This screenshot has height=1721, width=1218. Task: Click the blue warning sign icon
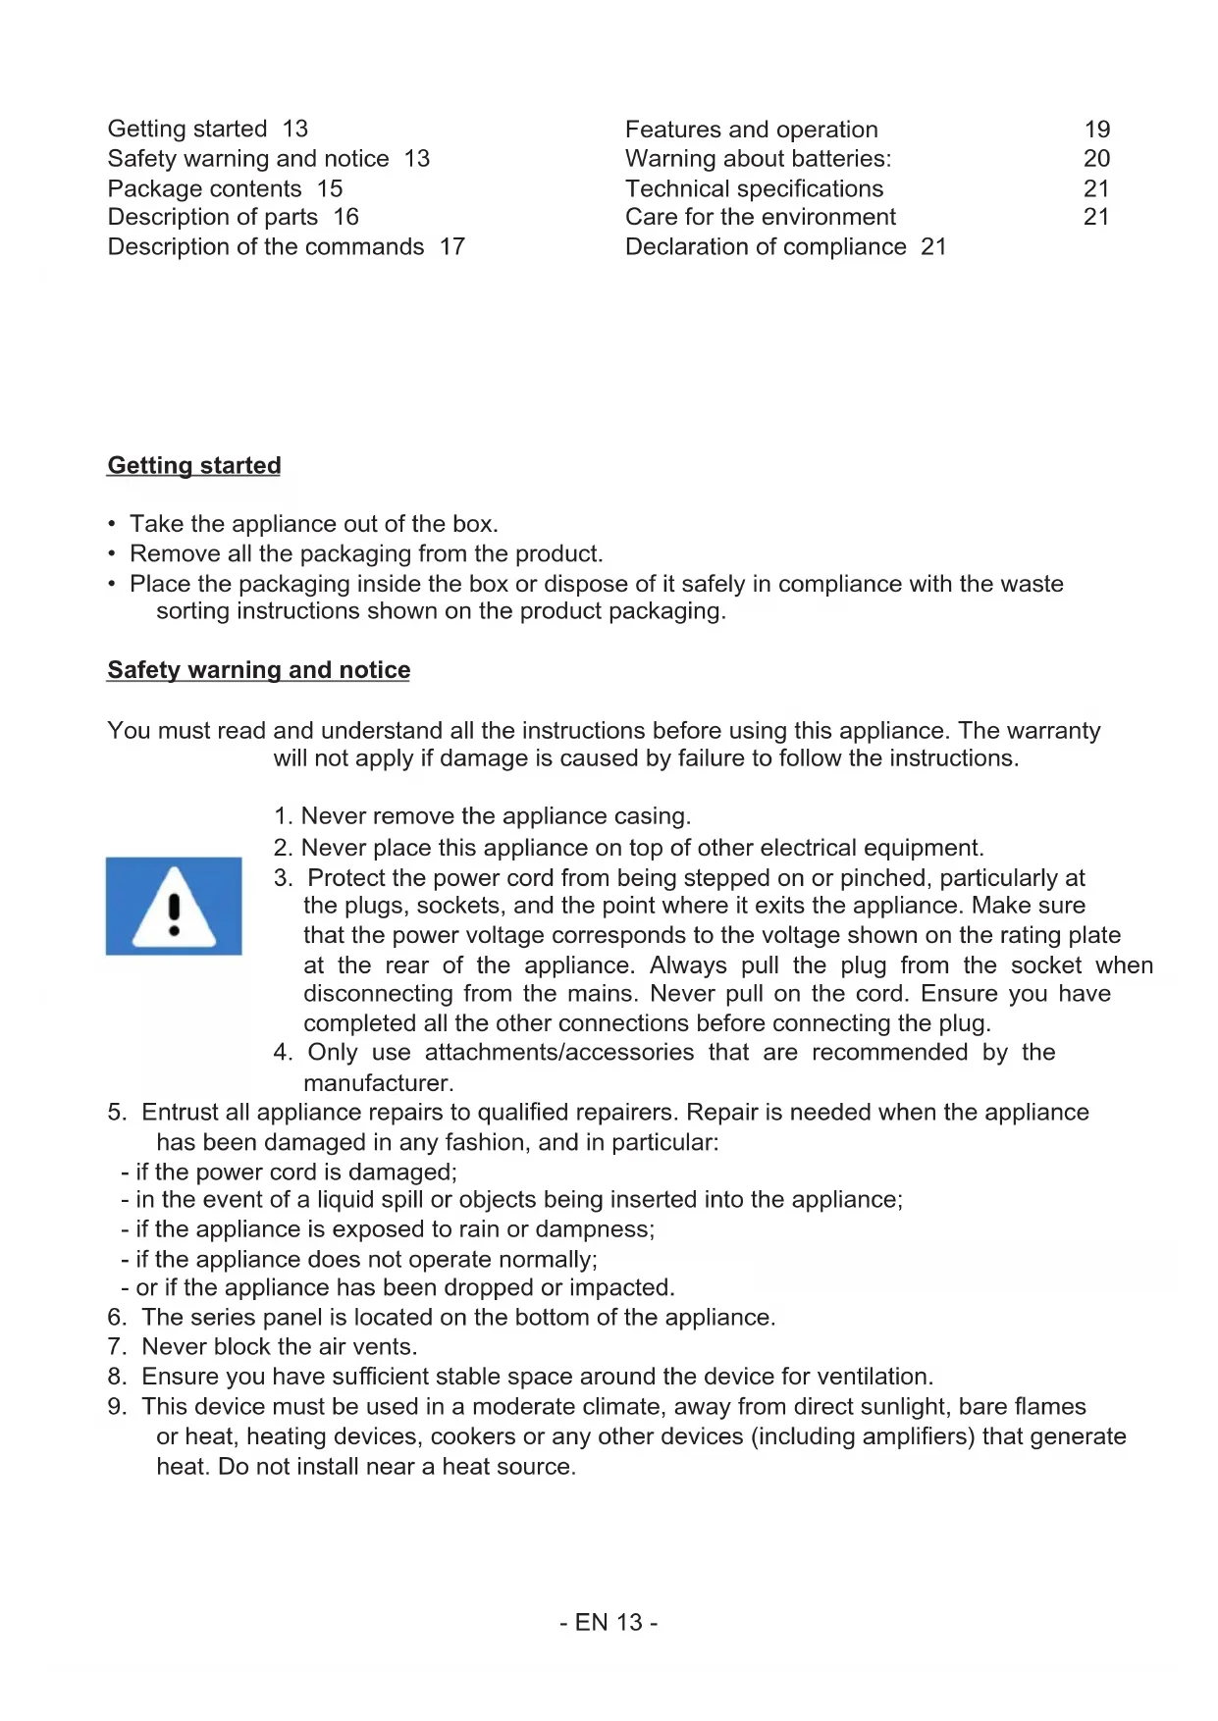click(174, 906)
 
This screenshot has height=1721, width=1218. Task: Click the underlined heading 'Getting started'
click(194, 465)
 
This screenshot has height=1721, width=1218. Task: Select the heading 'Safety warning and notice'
click(259, 670)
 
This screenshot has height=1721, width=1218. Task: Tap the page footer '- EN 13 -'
click(609, 1623)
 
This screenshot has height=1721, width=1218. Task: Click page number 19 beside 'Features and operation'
click(1097, 130)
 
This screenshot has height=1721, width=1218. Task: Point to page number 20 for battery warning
click(1097, 159)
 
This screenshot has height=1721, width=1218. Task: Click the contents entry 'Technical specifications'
click(754, 188)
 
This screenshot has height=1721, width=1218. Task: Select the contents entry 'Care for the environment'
click(761, 217)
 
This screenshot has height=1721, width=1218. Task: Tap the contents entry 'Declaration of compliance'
click(766, 247)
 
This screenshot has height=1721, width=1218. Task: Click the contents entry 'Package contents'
click(204, 188)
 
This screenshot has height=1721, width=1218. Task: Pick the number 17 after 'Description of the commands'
click(452, 247)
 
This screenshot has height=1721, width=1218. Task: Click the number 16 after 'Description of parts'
click(346, 217)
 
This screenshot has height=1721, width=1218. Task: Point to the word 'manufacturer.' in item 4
click(379, 1083)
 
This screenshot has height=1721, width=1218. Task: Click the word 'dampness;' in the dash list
click(605, 1229)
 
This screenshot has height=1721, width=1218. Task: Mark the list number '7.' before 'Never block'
click(118, 1347)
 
